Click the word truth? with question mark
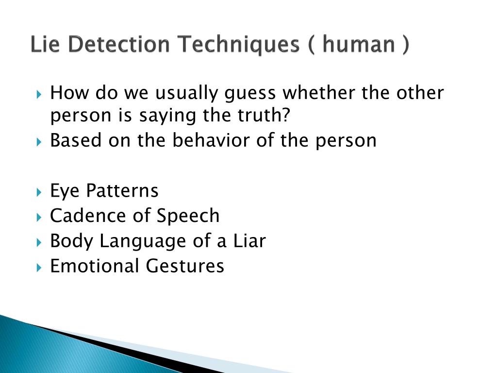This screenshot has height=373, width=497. (263, 116)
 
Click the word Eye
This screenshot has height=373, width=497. (65, 191)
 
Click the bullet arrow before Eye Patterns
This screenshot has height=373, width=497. (39, 191)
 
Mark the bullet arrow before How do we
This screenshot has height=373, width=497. (39, 93)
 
